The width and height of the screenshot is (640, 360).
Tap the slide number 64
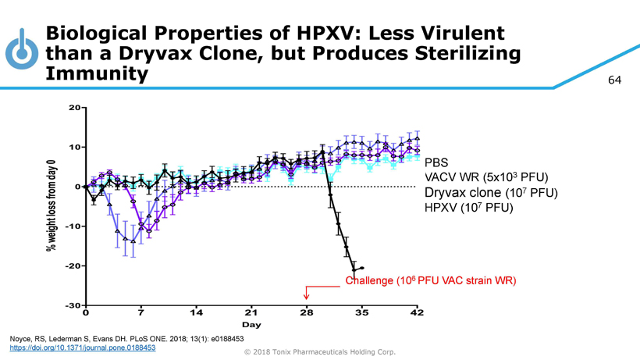614,80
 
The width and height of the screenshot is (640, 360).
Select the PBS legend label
436,164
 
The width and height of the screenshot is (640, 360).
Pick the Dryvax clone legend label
491,193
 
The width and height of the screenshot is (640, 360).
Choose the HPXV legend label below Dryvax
468,208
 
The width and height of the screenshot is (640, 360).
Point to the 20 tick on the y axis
73,107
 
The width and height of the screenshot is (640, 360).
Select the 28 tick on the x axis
306,312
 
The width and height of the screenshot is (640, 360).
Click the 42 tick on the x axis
417,312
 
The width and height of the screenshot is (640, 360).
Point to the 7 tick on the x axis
140,312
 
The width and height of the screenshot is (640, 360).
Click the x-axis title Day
251,324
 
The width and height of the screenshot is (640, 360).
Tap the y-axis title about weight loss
52,205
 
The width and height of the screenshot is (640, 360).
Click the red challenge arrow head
307,297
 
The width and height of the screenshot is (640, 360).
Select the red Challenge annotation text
431,280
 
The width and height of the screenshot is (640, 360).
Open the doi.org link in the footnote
83,348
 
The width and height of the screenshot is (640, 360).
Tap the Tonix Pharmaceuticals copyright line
320,352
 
